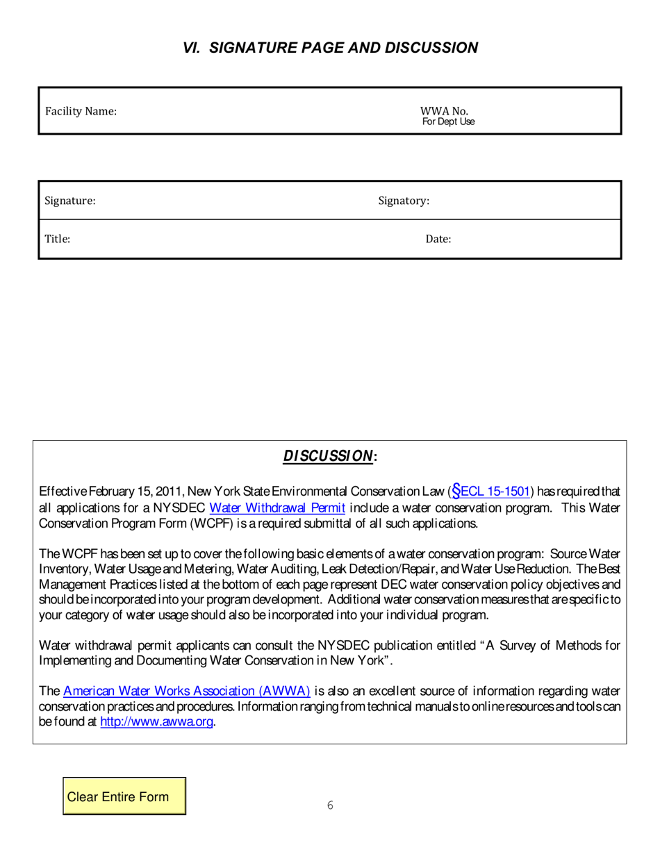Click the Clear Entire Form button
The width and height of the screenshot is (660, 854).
(x=125, y=796)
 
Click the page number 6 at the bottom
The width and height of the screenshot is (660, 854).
(x=330, y=805)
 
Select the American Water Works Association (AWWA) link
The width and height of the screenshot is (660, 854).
(x=186, y=691)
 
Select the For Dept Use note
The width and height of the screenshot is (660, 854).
(x=448, y=122)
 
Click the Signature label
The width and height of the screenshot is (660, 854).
(x=69, y=201)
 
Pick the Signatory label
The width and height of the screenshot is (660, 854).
(x=403, y=201)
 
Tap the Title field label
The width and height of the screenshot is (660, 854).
(x=58, y=239)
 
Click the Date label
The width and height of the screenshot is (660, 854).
(x=438, y=240)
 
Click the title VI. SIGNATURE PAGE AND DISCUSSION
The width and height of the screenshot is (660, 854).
(x=330, y=48)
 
